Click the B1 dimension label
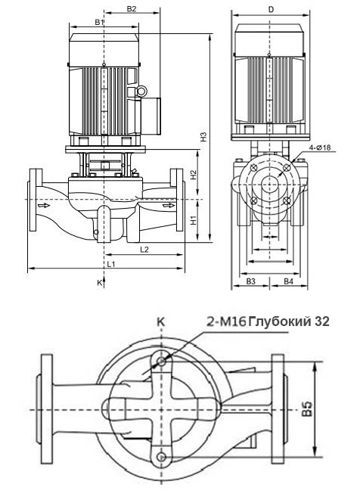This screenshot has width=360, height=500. pyautogui.click(x=99, y=23)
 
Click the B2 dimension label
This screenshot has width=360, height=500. pyautogui.click(x=132, y=9)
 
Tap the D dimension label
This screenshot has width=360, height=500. pyautogui.click(x=271, y=10)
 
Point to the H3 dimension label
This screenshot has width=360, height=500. pyautogui.click(x=203, y=137)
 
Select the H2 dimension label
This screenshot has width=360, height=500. pyautogui.click(x=194, y=175)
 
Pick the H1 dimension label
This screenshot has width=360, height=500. pyautogui.click(x=194, y=220)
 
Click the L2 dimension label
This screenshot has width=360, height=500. pyautogui.click(x=144, y=250)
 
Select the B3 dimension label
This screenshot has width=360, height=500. pyautogui.click(x=251, y=281)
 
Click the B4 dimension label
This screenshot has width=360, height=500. pyautogui.click(x=288, y=281)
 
